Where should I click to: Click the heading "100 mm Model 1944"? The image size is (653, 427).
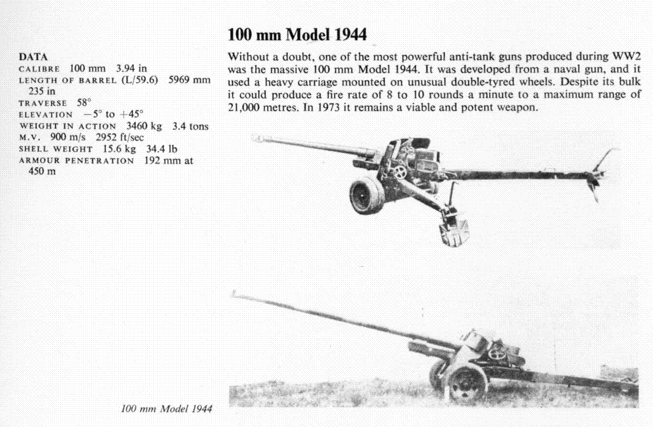[x=297, y=35]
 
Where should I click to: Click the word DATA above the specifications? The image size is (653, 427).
[x=32, y=57]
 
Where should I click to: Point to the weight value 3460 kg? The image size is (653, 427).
[x=141, y=126]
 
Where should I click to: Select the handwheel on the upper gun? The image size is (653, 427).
[x=400, y=172]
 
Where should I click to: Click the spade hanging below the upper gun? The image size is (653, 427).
[x=452, y=231]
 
